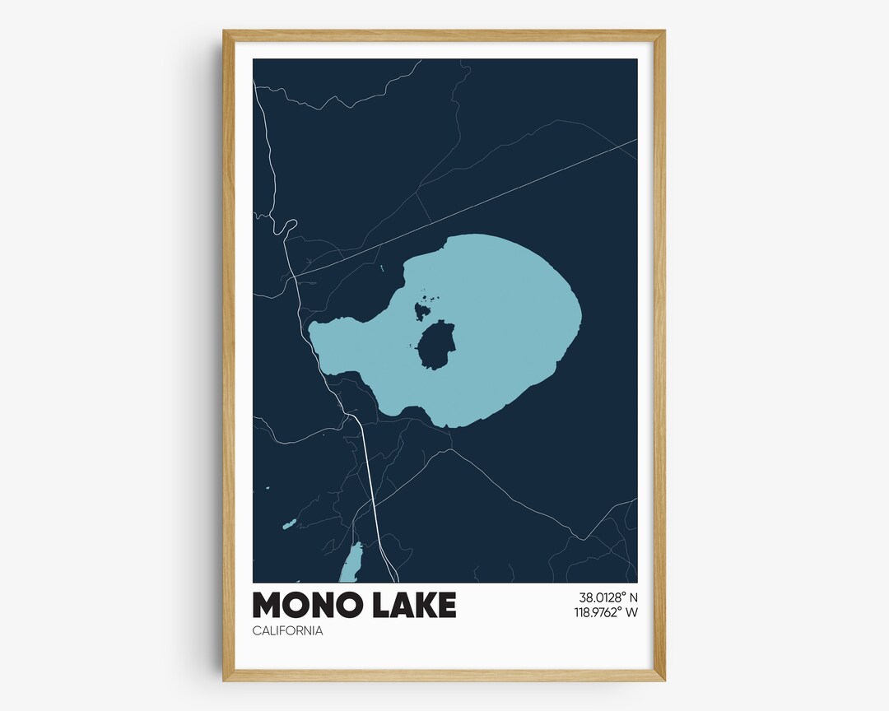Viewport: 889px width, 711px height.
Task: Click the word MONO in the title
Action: click(x=303, y=605)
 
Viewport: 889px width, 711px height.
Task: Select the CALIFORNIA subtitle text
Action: click(x=287, y=631)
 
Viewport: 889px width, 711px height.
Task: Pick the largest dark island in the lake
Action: click(x=436, y=346)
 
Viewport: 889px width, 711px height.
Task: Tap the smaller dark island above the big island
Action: click(x=421, y=310)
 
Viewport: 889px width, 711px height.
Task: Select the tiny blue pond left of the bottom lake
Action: click(x=288, y=523)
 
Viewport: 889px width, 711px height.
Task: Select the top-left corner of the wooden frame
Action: click(x=225, y=32)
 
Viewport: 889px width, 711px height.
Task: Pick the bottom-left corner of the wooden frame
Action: click(x=225, y=680)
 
